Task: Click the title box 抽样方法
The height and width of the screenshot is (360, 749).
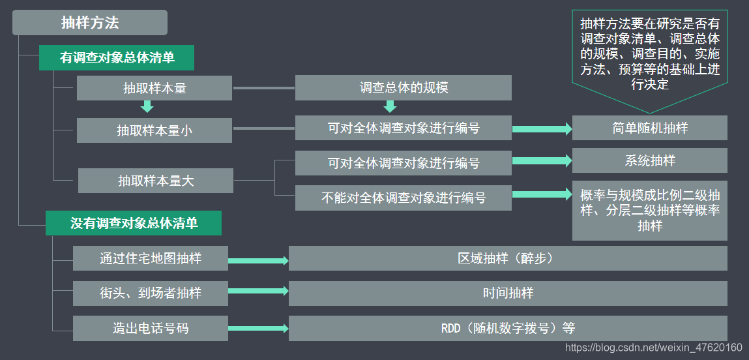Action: (x=90, y=23)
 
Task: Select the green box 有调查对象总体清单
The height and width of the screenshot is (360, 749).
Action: (x=117, y=57)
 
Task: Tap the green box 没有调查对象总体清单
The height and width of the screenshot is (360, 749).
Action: (x=134, y=223)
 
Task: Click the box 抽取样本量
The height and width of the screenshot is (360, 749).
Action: (x=154, y=88)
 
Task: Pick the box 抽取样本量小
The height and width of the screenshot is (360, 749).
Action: (x=154, y=130)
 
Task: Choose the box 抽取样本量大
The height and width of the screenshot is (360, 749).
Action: (x=156, y=181)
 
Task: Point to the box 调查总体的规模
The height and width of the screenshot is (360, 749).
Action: (x=403, y=88)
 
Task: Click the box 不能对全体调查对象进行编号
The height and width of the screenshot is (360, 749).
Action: (x=403, y=198)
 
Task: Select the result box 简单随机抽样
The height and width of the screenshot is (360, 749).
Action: (x=649, y=128)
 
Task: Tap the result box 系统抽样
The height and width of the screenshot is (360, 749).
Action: (x=649, y=160)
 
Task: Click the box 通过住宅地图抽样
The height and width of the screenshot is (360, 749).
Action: (x=151, y=258)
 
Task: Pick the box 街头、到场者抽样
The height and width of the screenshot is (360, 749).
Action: (x=151, y=293)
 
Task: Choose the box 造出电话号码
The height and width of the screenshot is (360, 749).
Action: (x=151, y=328)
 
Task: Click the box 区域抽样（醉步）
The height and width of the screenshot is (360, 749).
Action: (x=507, y=258)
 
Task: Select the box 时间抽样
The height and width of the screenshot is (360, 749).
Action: (x=507, y=293)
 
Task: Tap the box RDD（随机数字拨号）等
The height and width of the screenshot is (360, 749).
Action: (x=507, y=328)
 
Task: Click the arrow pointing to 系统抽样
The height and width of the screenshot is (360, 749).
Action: (x=542, y=160)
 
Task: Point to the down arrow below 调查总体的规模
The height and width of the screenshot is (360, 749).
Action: (x=390, y=106)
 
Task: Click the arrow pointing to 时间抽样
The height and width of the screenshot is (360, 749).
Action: (x=258, y=292)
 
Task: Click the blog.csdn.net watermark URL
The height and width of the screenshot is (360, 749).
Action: (x=653, y=348)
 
